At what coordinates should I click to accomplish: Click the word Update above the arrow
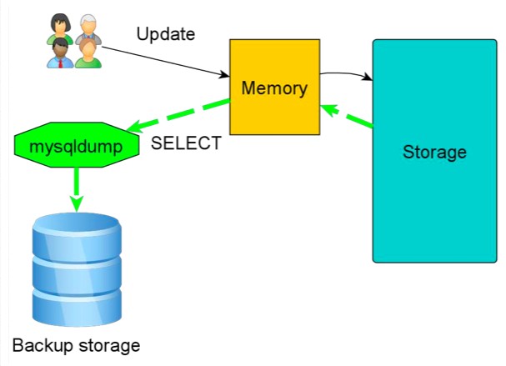click(165, 34)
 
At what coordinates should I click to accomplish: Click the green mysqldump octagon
click(76, 148)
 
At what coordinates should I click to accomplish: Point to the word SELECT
click(186, 143)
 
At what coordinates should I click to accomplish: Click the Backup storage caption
click(76, 344)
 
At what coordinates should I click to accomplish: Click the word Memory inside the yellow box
click(274, 88)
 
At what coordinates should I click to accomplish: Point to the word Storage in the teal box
click(433, 153)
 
